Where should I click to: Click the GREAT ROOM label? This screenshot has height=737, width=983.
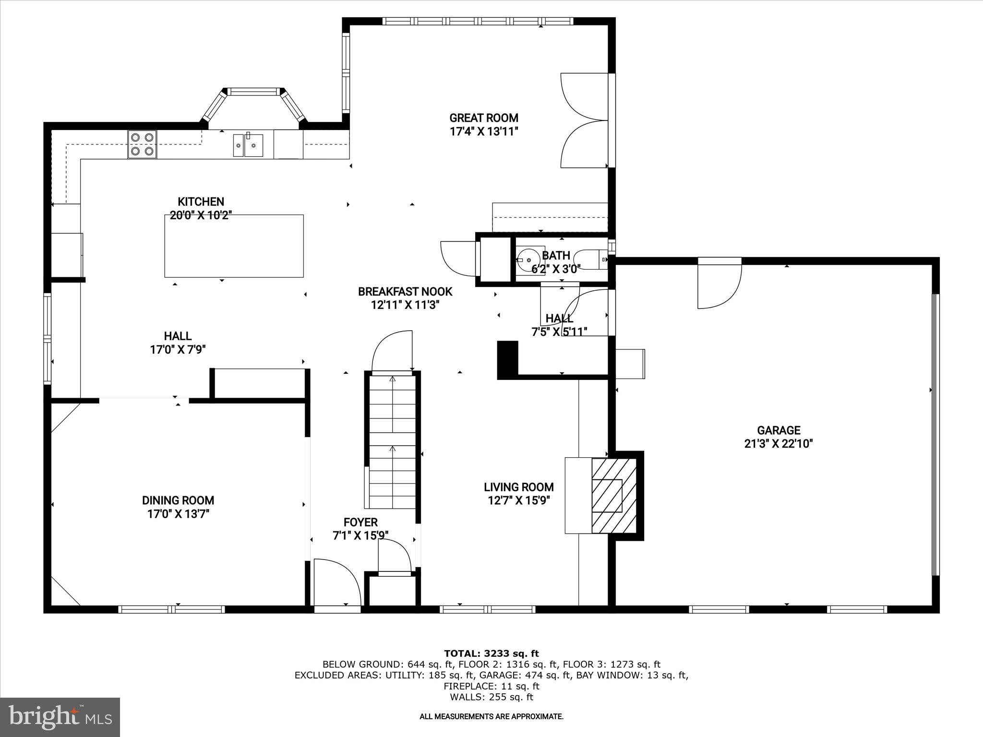pyautogui.click(x=484, y=118)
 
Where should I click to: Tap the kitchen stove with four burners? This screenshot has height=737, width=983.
pyautogui.click(x=142, y=144)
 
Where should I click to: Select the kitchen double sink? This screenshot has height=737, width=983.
pyautogui.click(x=248, y=145)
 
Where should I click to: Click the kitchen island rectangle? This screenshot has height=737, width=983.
pyautogui.click(x=234, y=246)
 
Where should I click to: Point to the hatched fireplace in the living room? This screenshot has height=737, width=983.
pyautogui.click(x=613, y=496)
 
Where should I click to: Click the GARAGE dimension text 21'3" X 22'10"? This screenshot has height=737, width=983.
pyautogui.click(x=778, y=444)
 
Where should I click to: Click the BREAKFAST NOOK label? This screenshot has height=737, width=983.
pyautogui.click(x=405, y=291)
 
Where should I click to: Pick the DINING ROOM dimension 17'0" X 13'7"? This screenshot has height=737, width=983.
pyautogui.click(x=178, y=514)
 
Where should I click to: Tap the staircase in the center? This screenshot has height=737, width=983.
pyautogui.click(x=392, y=441)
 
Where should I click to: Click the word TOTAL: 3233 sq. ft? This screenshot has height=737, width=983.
pyautogui.click(x=491, y=653)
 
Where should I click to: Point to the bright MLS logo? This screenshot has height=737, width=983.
pyautogui.click(x=60, y=717)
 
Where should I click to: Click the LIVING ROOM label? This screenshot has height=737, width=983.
pyautogui.click(x=518, y=487)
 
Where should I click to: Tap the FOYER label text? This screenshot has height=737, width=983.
pyautogui.click(x=360, y=522)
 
